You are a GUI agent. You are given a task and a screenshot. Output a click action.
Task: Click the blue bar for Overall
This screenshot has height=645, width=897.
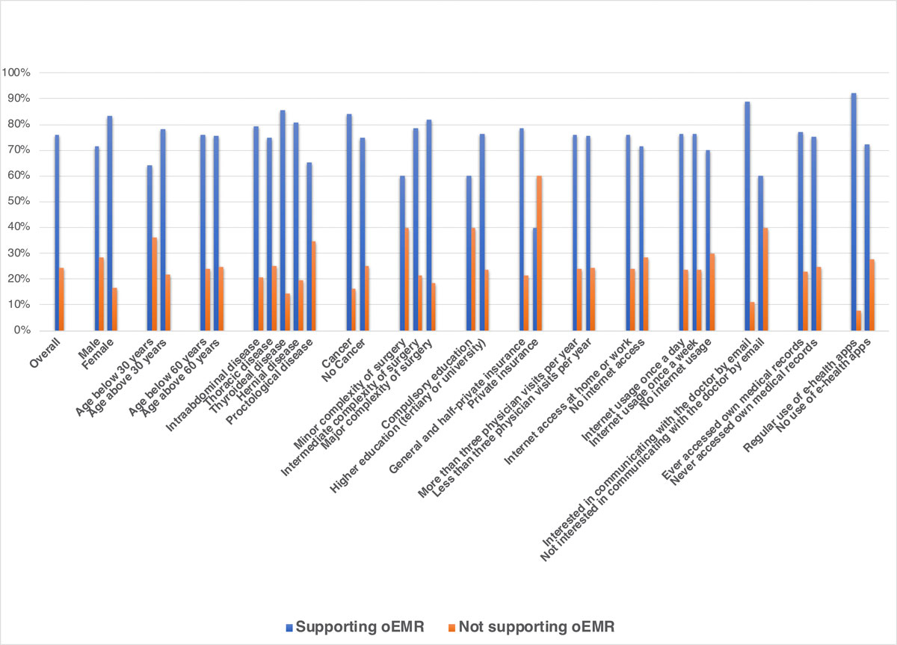click(57, 232)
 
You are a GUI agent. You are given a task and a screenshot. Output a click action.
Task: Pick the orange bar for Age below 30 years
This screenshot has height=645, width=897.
click(155, 284)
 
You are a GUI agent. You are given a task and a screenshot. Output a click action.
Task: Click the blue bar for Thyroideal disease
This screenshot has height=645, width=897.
click(283, 220)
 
